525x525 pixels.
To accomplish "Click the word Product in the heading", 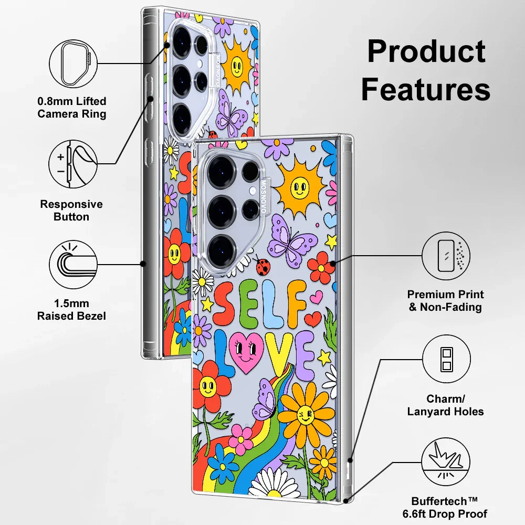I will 426,52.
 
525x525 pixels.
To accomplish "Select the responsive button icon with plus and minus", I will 72,163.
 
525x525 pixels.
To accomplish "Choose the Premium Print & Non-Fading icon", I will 446,257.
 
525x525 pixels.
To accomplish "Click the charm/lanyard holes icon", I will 446,359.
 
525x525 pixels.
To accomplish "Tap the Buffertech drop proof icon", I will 446,462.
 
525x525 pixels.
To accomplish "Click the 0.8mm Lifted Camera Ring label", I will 72,107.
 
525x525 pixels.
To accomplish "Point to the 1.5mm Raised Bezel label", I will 71,310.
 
